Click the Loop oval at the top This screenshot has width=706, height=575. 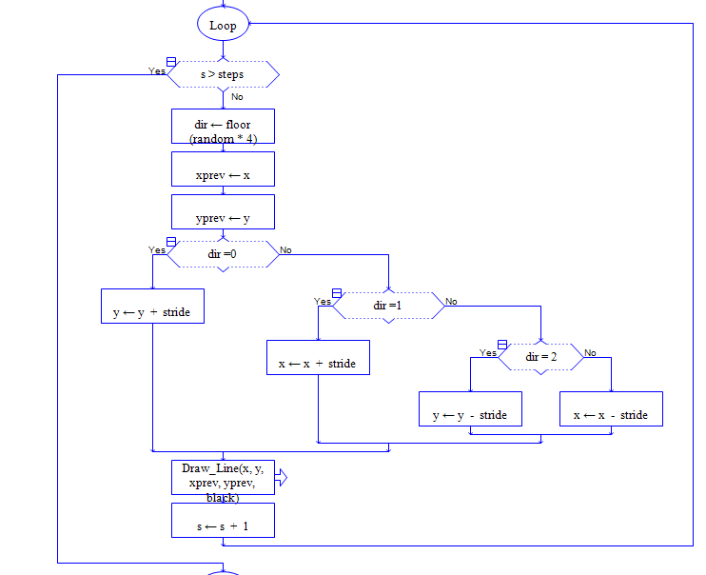coord(223,26)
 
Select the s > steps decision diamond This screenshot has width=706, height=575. coord(223,74)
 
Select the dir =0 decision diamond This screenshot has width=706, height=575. coord(223,254)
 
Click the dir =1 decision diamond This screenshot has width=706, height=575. coord(388,306)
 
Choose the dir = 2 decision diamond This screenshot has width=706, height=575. coord(540,357)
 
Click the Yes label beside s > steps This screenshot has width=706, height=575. coord(157,71)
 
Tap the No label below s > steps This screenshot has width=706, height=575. coord(237,97)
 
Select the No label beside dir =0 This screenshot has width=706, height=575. coord(285,250)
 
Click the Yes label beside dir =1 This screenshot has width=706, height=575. coord(323,302)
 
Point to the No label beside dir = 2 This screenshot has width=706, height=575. coord(590,353)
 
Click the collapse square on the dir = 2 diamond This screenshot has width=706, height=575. coord(501,345)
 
